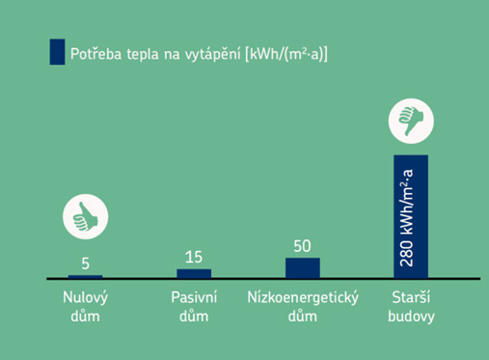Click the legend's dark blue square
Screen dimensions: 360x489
57,52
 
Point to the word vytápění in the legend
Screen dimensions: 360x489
215,53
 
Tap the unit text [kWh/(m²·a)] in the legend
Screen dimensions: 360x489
287,53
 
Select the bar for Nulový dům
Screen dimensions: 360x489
86,276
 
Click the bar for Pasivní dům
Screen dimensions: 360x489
194,273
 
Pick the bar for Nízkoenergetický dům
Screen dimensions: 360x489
302,267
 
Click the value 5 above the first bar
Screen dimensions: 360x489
86,263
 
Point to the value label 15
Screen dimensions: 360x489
194,256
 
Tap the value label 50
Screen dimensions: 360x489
302,245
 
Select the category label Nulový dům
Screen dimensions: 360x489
85,306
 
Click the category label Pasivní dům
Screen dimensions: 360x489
194,306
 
